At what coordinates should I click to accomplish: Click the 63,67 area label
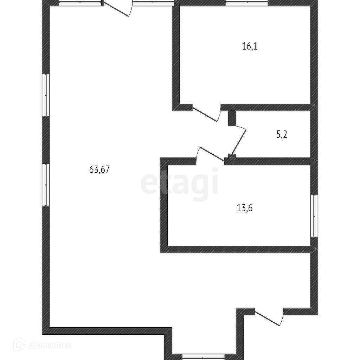[100, 170]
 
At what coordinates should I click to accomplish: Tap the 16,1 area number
[250, 46]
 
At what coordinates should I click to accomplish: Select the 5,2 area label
[282, 135]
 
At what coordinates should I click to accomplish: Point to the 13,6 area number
[245, 208]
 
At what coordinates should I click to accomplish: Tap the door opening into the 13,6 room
[210, 155]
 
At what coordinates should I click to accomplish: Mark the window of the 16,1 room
[246, 3]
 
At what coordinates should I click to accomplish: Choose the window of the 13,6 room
[314, 216]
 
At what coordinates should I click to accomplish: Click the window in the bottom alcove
[204, 356]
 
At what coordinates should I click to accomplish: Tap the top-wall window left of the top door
[81, 3]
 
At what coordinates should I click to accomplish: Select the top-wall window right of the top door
[154, 3]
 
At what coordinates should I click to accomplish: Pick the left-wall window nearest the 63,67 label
[46, 185]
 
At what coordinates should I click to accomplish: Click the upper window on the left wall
[46, 95]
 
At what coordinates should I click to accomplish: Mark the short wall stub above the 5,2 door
[232, 118]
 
